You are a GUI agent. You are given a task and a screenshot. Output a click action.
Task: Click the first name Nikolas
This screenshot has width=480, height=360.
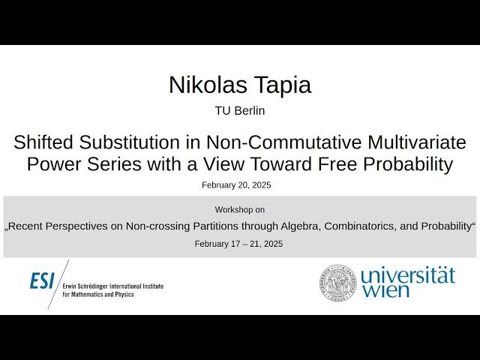coord(205,85)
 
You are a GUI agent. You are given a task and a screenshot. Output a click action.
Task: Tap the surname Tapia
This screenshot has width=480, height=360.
coord(278,85)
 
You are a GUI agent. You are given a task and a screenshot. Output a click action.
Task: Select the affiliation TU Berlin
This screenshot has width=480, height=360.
coord(240,111)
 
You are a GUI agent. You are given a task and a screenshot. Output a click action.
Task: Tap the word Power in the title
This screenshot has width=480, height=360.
coord(52,164)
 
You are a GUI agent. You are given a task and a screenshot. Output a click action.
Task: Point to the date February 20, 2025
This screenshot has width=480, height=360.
coord(236,184)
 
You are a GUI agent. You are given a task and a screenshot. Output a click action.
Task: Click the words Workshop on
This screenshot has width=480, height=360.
coord(239,209)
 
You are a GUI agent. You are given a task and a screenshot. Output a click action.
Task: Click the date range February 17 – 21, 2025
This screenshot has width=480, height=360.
coord(238,244)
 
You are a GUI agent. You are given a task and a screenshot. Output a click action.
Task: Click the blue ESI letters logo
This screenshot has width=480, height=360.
coord(42,280)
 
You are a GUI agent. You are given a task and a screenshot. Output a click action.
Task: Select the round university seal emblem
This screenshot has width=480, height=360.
coord(337,282)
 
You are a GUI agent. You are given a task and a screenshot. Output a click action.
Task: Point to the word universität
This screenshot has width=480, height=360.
coord(408,275)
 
